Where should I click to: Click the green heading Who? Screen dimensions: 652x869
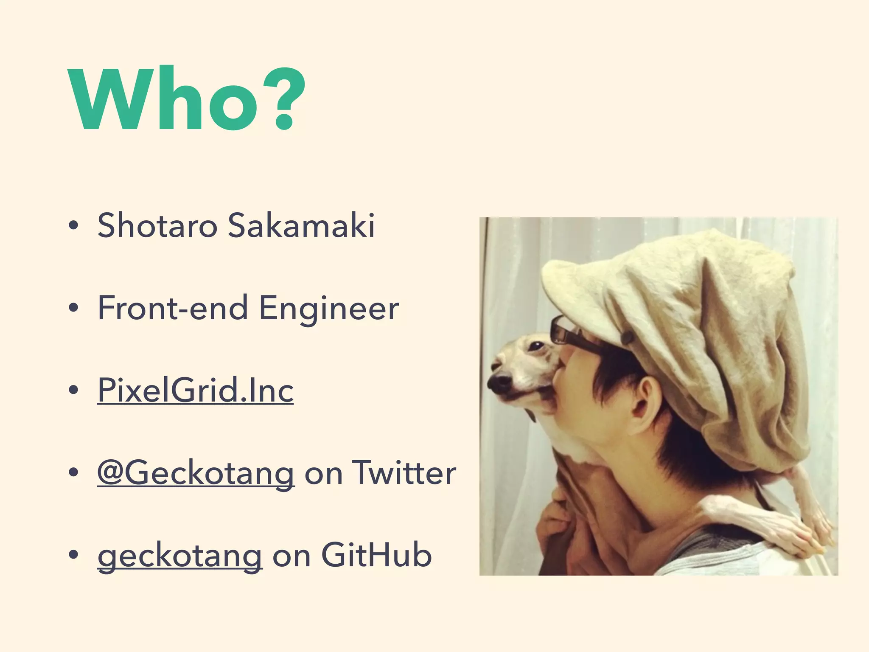187,100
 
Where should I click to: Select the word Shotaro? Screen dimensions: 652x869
157,225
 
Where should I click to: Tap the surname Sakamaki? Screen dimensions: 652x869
301,225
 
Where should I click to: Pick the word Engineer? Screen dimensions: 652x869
329,309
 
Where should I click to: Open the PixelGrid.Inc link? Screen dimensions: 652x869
195,390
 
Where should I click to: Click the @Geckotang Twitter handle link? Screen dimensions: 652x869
196,473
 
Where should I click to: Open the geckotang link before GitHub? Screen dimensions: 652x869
180,556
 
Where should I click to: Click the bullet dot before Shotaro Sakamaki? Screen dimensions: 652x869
73,226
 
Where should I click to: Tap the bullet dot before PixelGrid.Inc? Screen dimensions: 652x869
73,391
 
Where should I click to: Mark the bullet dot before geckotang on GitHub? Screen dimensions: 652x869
73,556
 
